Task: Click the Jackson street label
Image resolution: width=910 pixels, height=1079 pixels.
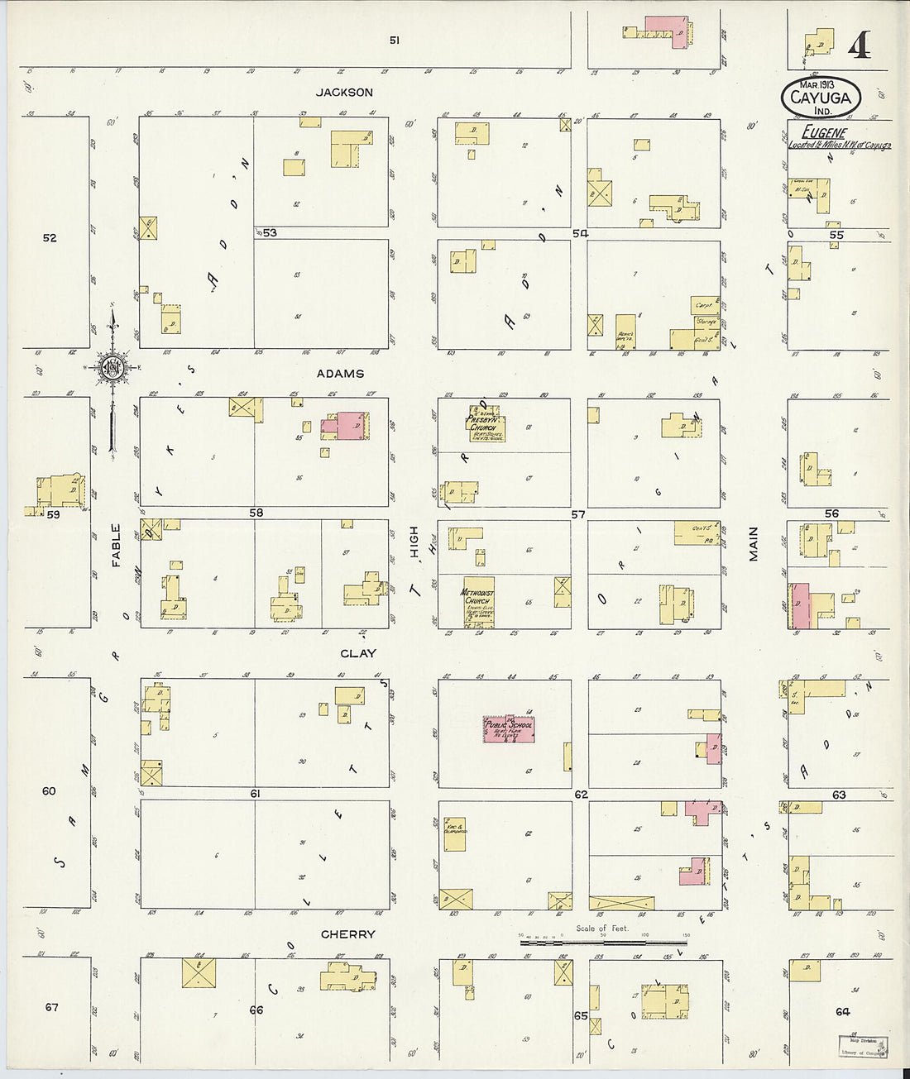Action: click(x=348, y=93)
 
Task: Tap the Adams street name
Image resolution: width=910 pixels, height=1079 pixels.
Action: click(x=340, y=374)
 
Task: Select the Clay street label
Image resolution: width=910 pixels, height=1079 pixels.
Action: click(x=358, y=653)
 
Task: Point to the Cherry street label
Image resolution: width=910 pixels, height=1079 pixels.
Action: click(x=348, y=934)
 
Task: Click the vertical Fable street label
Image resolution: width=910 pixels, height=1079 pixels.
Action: click(x=116, y=545)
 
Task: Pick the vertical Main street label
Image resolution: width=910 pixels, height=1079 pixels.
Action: click(x=754, y=543)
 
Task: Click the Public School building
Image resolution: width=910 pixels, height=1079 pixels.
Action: click(x=508, y=728)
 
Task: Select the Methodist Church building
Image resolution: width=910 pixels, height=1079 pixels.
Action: click(x=479, y=601)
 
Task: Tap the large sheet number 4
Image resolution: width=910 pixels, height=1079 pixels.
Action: click(x=859, y=47)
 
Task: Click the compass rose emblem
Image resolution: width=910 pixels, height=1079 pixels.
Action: click(x=112, y=367)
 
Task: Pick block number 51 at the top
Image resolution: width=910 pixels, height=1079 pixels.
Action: click(x=395, y=40)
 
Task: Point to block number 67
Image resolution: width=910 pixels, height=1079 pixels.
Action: click(x=52, y=1007)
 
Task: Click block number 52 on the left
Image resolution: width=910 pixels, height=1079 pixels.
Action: click(x=50, y=238)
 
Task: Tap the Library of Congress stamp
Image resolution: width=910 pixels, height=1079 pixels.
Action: click(x=860, y=1046)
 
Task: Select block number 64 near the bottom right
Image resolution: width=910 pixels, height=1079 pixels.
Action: click(x=842, y=1011)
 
